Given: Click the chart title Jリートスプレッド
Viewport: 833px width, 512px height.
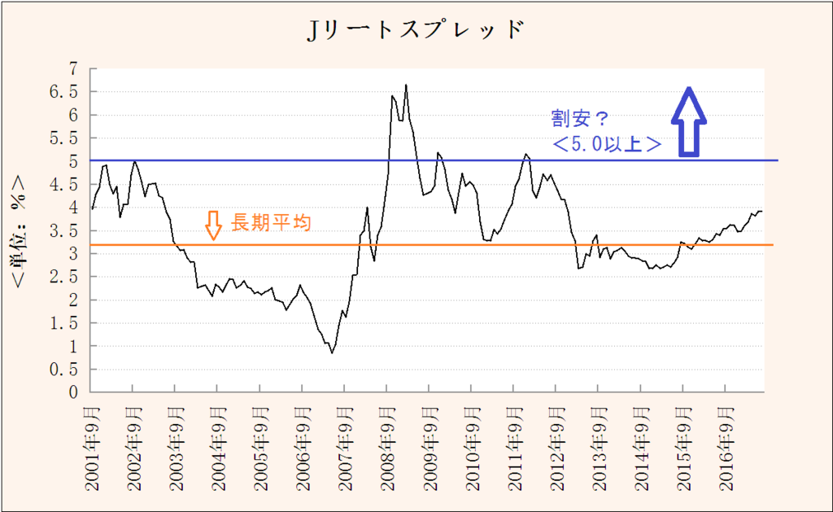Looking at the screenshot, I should pos(415,30).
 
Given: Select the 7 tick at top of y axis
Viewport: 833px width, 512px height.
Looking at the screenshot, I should pos(72,69).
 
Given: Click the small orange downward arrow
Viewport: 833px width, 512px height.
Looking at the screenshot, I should pos(213,225).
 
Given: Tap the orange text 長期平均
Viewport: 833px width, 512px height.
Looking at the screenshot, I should pos(271,222).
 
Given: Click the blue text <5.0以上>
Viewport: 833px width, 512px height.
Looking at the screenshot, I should pos(606,144).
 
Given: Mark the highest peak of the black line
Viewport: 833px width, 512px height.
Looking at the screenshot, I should pos(406,85).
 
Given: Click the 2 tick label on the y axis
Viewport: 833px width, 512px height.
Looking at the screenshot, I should pos(72,300).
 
